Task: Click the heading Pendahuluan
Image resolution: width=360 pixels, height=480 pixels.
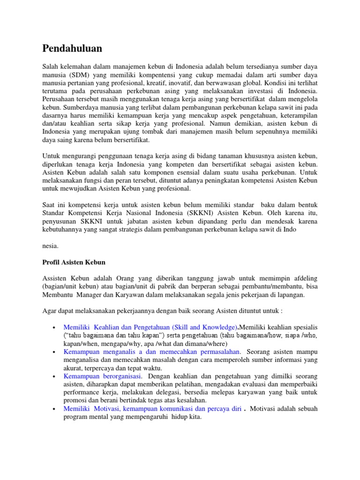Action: click(72, 48)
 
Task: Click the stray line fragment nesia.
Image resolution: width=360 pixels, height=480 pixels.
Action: click(51, 245)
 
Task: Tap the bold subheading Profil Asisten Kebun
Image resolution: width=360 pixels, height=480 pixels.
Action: click(74, 262)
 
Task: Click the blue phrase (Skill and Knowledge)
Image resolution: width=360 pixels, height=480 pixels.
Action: click(203, 327)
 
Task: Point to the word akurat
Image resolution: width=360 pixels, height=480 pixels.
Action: click(74, 368)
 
